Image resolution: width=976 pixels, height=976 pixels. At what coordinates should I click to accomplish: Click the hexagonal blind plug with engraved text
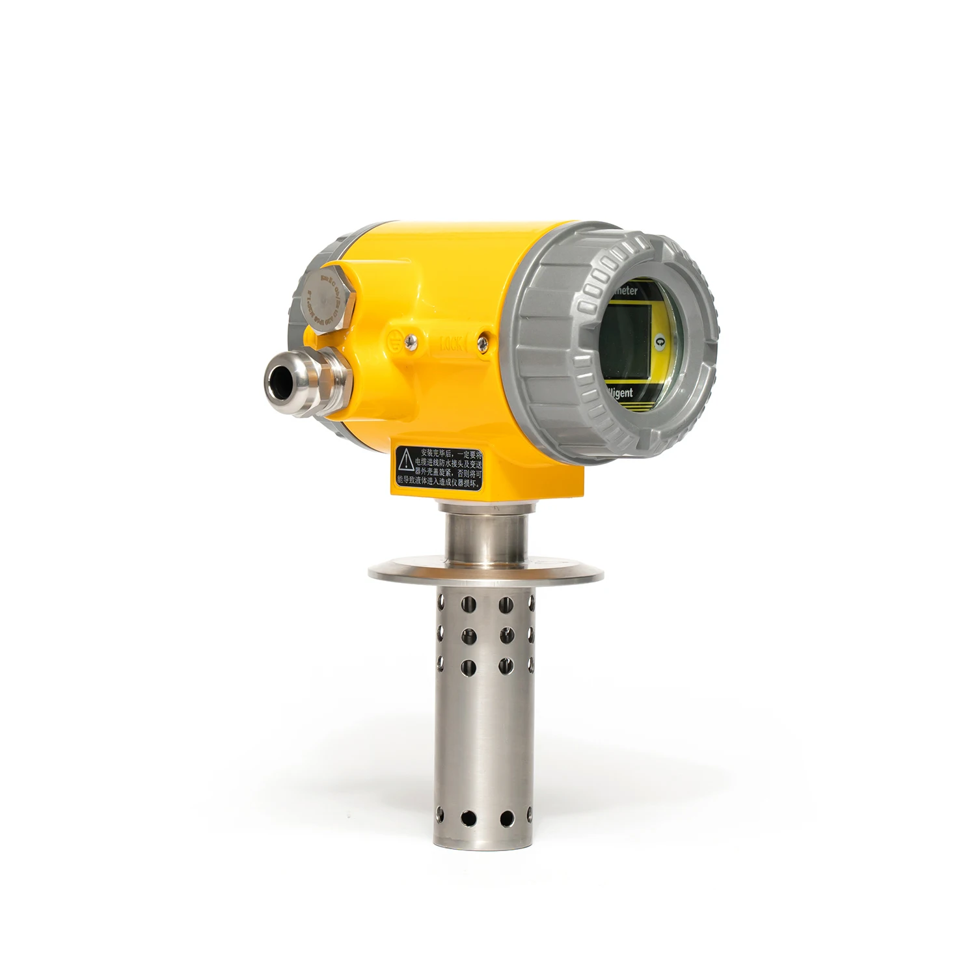[329, 297]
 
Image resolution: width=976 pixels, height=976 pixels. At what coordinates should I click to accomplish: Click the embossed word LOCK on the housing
[452, 343]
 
